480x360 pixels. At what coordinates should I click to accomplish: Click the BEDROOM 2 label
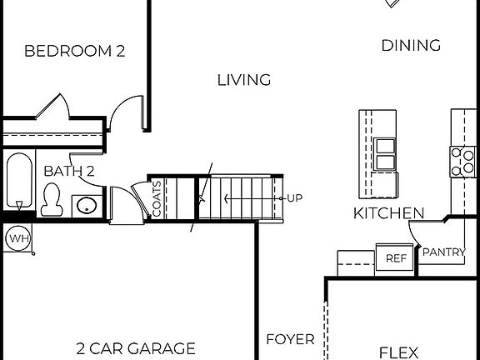(74, 51)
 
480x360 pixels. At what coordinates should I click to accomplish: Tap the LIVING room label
(244, 80)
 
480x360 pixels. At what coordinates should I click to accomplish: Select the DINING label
(411, 46)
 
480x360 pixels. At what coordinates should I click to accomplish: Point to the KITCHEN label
(388, 213)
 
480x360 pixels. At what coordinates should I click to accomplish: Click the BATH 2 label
(69, 171)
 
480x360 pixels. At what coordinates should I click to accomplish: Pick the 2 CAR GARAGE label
(136, 348)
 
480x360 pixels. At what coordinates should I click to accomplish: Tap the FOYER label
(290, 339)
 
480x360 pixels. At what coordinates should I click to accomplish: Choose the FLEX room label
(398, 352)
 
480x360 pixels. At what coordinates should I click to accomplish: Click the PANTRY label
(443, 252)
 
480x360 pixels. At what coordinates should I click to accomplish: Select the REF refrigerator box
(395, 258)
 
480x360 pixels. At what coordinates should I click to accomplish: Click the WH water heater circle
(17, 239)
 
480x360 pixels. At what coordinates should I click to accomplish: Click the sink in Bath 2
(84, 205)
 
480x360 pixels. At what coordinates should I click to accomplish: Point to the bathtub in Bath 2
(17, 179)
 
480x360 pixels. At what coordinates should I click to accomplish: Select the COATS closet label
(157, 199)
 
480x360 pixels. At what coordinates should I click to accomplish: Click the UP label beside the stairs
(294, 198)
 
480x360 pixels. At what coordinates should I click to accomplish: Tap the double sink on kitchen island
(385, 154)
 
